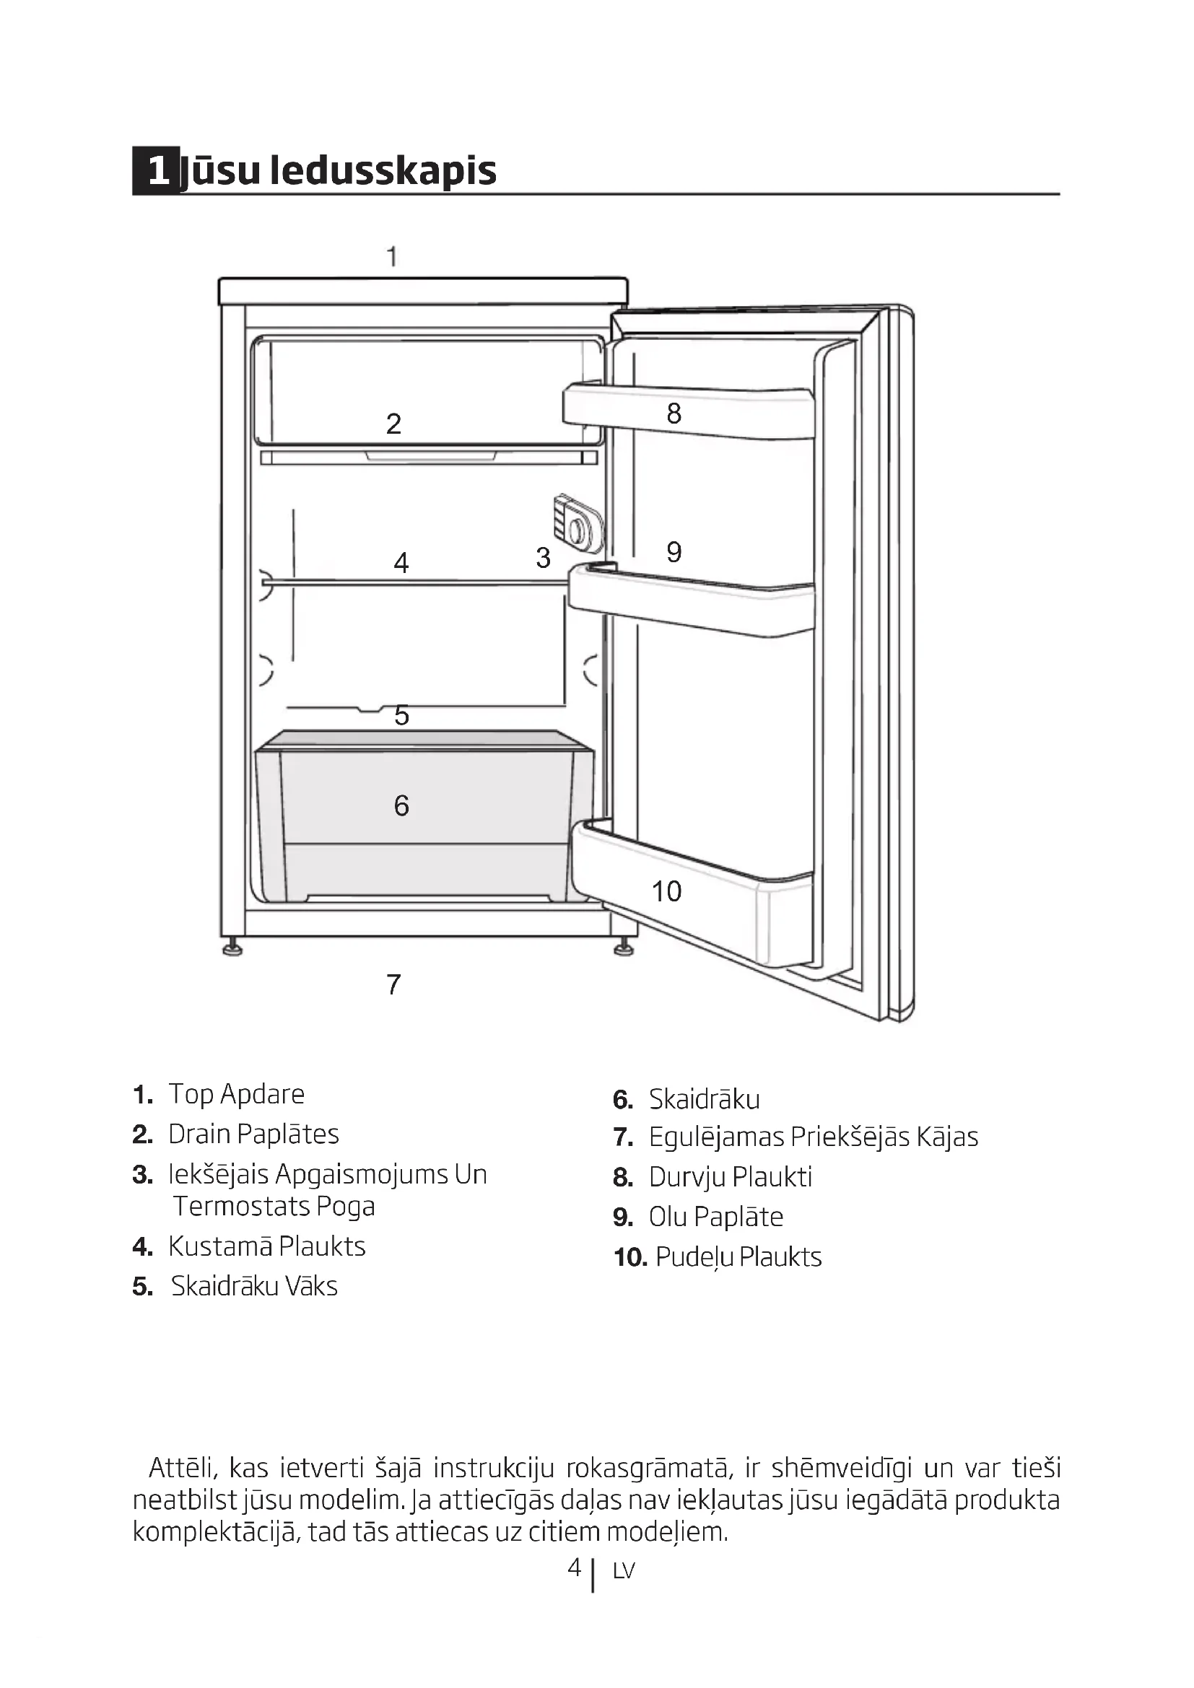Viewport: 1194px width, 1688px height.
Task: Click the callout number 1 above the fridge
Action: point(392,257)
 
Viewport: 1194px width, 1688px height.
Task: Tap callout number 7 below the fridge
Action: point(393,984)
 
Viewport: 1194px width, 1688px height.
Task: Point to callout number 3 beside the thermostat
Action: point(543,558)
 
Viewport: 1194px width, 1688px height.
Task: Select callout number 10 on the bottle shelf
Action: point(666,891)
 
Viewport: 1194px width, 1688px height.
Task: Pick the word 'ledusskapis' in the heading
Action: point(383,170)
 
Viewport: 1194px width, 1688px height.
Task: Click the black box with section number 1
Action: point(156,170)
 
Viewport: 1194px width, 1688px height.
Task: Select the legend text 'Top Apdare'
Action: point(236,1094)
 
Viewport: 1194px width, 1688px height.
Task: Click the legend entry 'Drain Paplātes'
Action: point(253,1134)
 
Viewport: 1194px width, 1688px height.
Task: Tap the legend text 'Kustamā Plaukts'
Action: point(266,1246)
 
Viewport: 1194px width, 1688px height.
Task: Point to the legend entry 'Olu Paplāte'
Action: point(715,1217)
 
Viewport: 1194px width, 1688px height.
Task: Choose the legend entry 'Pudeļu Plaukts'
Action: point(738,1257)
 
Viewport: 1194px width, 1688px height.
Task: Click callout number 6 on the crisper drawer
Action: point(401,806)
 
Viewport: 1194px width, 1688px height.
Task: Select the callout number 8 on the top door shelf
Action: point(674,414)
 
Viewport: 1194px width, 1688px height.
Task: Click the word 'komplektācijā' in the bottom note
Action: point(215,1531)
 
